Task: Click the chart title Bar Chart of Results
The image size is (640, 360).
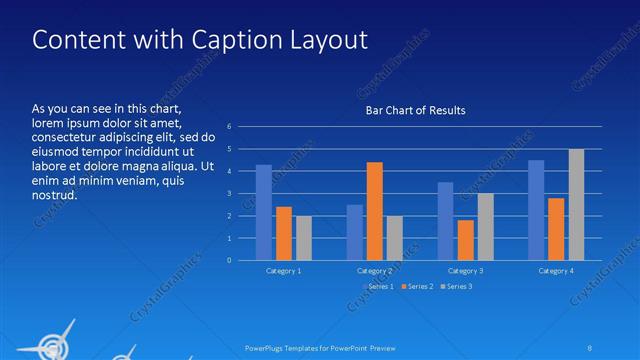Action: pyautogui.click(x=415, y=110)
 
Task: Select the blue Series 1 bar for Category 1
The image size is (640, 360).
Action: pyautogui.click(x=264, y=212)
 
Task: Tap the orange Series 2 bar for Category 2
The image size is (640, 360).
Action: pyautogui.click(x=374, y=211)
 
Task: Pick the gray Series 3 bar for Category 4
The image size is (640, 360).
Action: pyautogui.click(x=576, y=204)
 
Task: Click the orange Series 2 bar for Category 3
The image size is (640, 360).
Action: pyautogui.click(x=465, y=240)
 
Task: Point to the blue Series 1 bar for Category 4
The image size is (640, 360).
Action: pyautogui.click(x=536, y=210)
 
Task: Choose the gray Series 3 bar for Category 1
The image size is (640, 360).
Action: pyautogui.click(x=303, y=238)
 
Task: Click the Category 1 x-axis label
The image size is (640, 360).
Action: pyautogui.click(x=283, y=271)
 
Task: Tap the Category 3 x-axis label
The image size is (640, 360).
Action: pyautogui.click(x=465, y=271)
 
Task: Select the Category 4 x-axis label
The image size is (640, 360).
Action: pyautogui.click(x=556, y=271)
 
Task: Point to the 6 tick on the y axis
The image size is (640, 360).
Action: pyautogui.click(x=229, y=127)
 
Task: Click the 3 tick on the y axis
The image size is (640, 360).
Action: pyautogui.click(x=229, y=194)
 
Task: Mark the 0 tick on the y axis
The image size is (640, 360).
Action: pyautogui.click(x=229, y=261)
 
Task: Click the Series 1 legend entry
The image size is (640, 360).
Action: pyautogui.click(x=377, y=287)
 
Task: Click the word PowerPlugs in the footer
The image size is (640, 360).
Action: pyautogui.click(x=266, y=347)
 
